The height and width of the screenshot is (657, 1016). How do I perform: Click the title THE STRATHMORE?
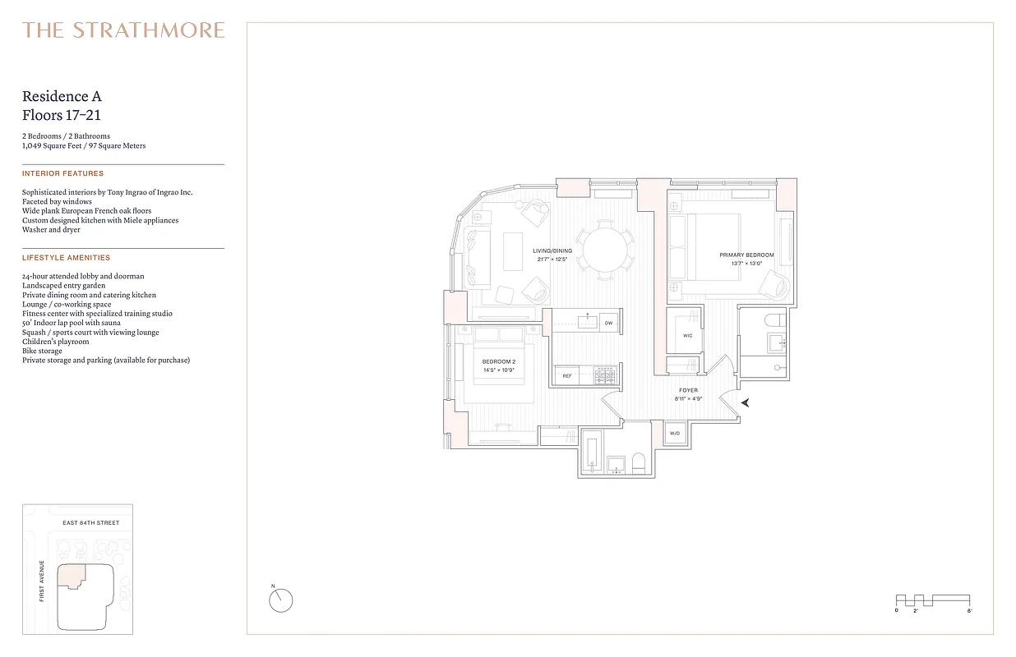point(123,30)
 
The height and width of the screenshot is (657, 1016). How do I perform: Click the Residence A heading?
point(62,97)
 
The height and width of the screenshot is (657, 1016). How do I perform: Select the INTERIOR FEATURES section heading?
point(63,174)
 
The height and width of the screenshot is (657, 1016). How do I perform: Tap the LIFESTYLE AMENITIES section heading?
point(66,258)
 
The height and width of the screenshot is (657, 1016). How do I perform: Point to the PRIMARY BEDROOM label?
point(746,255)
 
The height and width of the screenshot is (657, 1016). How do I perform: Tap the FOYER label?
point(689,390)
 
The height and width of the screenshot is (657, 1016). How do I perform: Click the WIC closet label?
point(688,335)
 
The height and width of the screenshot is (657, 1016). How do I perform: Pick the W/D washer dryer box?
point(675,433)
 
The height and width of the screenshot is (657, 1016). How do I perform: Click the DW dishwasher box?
point(608,324)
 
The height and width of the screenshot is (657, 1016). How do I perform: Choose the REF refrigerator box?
point(566,376)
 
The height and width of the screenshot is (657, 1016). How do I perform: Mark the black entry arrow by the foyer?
point(746,402)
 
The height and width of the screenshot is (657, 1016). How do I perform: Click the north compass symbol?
point(280,600)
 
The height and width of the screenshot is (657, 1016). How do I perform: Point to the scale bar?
point(933,600)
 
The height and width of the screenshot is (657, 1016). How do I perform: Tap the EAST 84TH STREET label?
point(91,523)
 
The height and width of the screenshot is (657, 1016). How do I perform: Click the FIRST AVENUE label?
point(42,581)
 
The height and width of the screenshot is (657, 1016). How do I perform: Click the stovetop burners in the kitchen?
point(605,375)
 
